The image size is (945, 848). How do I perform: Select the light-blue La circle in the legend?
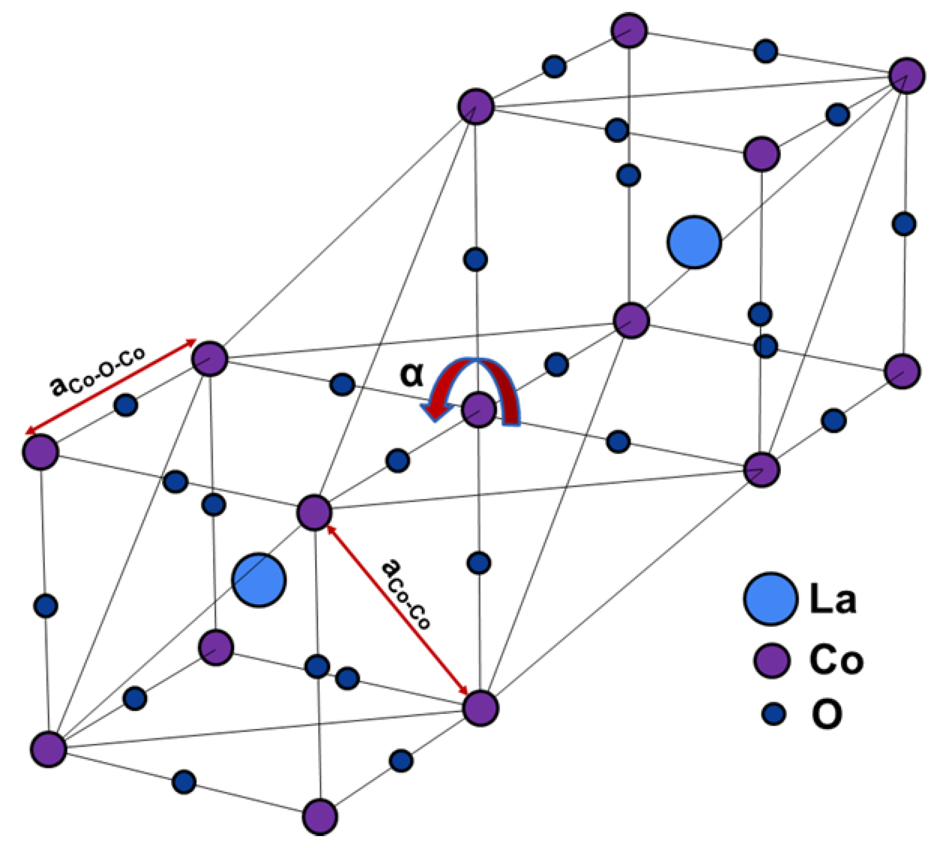(771, 598)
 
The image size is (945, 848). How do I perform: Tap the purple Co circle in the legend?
(771, 660)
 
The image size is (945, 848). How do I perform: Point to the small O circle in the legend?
(774, 714)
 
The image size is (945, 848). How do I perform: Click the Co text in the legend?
(836, 660)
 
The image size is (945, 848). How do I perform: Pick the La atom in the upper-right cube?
(694, 242)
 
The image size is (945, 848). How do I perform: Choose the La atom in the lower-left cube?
(258, 580)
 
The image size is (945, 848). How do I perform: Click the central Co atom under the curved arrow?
(479, 410)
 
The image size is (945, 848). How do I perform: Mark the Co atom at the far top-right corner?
(907, 76)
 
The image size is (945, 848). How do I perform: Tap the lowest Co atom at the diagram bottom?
(320, 816)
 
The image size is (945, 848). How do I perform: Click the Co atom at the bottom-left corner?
(48, 749)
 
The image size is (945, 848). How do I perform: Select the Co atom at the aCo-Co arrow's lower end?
(480, 708)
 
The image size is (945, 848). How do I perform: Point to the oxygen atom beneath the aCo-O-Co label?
(126, 405)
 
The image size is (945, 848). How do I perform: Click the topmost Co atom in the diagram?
(629, 31)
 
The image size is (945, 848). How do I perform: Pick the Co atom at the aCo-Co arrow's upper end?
(314, 512)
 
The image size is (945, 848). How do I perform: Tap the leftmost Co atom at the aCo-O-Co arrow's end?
(40, 452)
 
